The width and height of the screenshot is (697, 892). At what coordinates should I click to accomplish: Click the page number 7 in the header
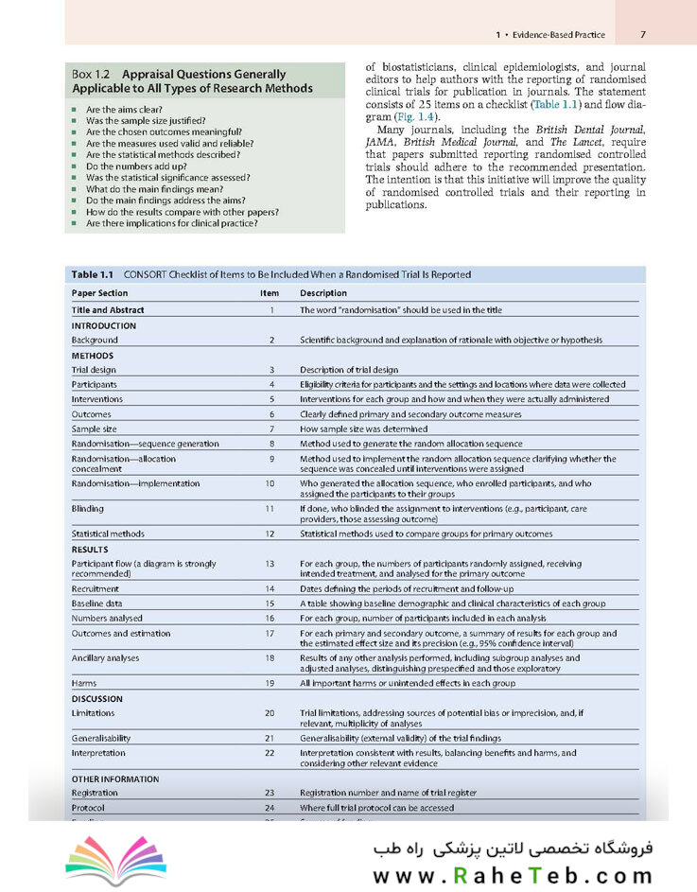tap(642, 35)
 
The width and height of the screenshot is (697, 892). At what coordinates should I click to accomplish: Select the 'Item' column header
tap(270, 293)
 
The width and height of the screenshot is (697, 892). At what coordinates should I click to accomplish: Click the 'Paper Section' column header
tap(99, 293)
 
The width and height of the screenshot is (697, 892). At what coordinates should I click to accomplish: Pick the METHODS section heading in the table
tap(93, 356)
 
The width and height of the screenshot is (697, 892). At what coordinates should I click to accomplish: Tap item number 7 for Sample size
tap(270, 429)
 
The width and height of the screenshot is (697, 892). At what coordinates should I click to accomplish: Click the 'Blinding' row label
tap(88, 508)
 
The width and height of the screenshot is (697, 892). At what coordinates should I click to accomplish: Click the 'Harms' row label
tap(84, 683)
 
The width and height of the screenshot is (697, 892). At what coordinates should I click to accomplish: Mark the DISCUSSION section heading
tap(97, 699)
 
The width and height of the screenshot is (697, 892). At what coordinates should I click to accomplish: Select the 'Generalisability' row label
tap(101, 738)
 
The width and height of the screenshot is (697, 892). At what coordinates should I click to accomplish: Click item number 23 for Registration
tap(270, 793)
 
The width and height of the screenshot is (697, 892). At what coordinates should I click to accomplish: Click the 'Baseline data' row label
tap(97, 603)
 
